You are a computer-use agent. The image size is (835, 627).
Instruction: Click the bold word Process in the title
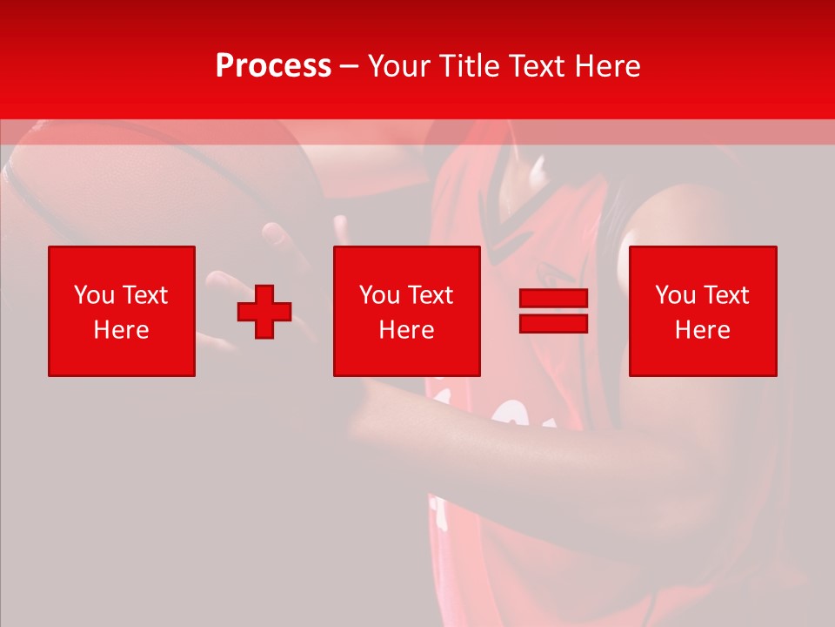click(273, 66)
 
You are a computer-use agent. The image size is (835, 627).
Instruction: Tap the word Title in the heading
click(468, 66)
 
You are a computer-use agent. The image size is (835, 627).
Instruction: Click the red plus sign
click(264, 312)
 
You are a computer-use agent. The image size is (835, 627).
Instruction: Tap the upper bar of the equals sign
click(553, 299)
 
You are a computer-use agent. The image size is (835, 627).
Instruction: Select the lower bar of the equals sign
click(553, 323)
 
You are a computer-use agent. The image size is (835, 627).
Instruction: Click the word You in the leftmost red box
click(95, 295)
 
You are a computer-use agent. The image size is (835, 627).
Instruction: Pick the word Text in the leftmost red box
click(144, 295)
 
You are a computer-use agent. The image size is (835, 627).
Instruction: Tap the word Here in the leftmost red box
click(121, 330)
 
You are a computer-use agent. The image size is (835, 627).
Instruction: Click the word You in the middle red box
click(380, 295)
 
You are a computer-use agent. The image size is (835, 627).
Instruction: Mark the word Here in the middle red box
click(406, 330)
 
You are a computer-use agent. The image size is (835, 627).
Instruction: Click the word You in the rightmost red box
click(676, 295)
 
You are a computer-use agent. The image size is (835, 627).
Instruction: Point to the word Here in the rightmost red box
click(702, 330)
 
